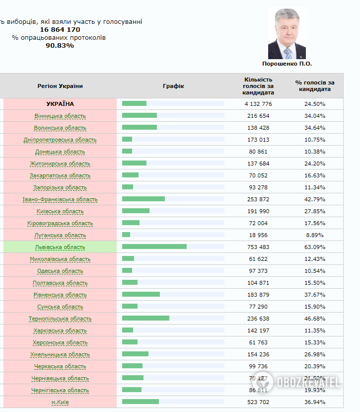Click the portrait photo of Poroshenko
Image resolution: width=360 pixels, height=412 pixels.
pyautogui.click(x=287, y=34)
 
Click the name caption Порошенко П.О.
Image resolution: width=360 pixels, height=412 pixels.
pyautogui.click(x=287, y=64)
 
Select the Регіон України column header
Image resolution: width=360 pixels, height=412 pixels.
pyautogui.click(x=60, y=86)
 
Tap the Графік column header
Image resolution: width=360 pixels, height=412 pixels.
pyautogui.click(x=173, y=86)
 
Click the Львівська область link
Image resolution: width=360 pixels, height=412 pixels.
pyautogui.click(x=60, y=247)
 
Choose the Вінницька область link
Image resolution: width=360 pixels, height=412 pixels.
pyautogui.click(x=60, y=116)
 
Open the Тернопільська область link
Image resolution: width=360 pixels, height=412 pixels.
pyautogui.click(x=60, y=319)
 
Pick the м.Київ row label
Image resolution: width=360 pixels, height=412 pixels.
pyautogui.click(x=60, y=402)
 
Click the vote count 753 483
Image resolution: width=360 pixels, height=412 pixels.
pyautogui.click(x=259, y=247)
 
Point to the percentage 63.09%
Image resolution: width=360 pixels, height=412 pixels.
pyautogui.click(x=315, y=247)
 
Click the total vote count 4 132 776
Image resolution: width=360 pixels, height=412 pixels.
pyautogui.click(x=259, y=104)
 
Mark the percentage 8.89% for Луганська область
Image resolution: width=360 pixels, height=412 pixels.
pyautogui.click(x=315, y=235)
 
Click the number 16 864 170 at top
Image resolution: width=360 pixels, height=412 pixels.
pyautogui.click(x=60, y=29)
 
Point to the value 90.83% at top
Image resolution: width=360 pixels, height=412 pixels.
pyautogui.click(x=60, y=45)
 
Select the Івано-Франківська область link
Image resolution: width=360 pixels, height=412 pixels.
pyautogui.click(x=60, y=199)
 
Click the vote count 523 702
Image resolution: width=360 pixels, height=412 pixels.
pyautogui.click(x=259, y=402)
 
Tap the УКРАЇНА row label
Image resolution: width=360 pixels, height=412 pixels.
pyautogui.click(x=60, y=104)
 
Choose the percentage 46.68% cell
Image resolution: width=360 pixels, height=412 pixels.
pyautogui.click(x=315, y=319)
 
